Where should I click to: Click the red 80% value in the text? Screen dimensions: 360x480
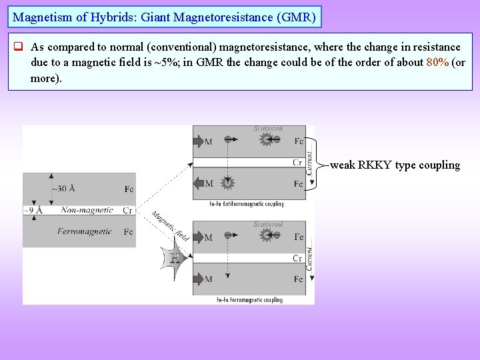point(437,63)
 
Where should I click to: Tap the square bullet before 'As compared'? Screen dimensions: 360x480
point(19,47)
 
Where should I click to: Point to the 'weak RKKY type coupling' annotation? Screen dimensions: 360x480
point(395,165)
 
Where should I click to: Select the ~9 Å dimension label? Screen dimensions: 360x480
point(33,210)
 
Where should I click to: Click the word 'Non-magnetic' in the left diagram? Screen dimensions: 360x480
point(87,210)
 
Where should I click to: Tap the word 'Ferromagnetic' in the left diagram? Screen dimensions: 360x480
point(84,232)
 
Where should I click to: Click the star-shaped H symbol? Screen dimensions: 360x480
point(175,257)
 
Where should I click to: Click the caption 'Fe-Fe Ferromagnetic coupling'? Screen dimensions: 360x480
point(249,300)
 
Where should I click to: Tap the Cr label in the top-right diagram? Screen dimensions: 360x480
point(297,163)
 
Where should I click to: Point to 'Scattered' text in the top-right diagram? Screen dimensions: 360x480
point(267,129)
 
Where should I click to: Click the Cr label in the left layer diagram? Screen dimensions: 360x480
point(127,210)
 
